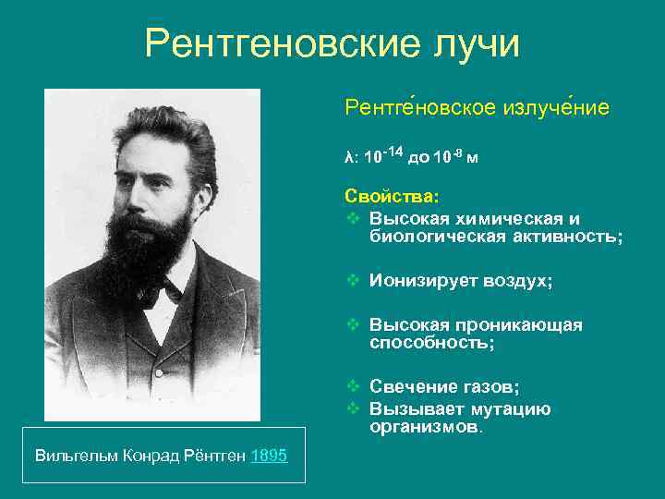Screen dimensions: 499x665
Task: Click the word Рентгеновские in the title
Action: point(275,44)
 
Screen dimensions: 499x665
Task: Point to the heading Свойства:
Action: point(392,196)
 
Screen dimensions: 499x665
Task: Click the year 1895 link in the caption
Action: point(269,455)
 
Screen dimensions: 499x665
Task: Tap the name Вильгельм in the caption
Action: point(67,455)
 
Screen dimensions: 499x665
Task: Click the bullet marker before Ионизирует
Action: point(352,281)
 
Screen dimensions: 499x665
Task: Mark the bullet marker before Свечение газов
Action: point(352,387)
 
